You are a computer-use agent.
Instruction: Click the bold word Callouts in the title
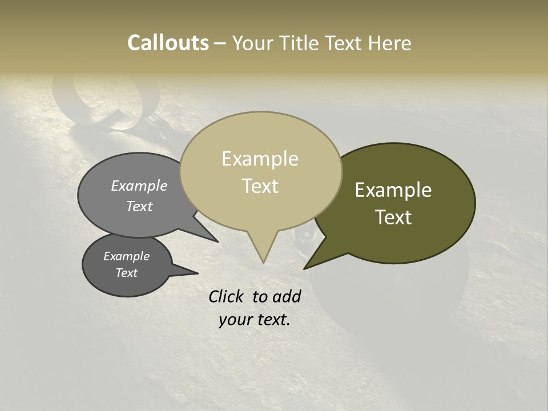click(168, 43)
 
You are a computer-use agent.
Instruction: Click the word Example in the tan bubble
click(260, 159)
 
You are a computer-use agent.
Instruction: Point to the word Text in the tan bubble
click(260, 186)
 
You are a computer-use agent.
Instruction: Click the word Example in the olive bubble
click(393, 190)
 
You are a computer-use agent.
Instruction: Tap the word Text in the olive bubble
click(393, 217)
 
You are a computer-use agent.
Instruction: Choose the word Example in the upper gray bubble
click(139, 186)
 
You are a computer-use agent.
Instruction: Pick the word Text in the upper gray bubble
click(139, 206)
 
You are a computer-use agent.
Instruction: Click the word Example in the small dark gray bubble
click(126, 256)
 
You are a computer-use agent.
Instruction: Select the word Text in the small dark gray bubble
click(126, 273)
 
